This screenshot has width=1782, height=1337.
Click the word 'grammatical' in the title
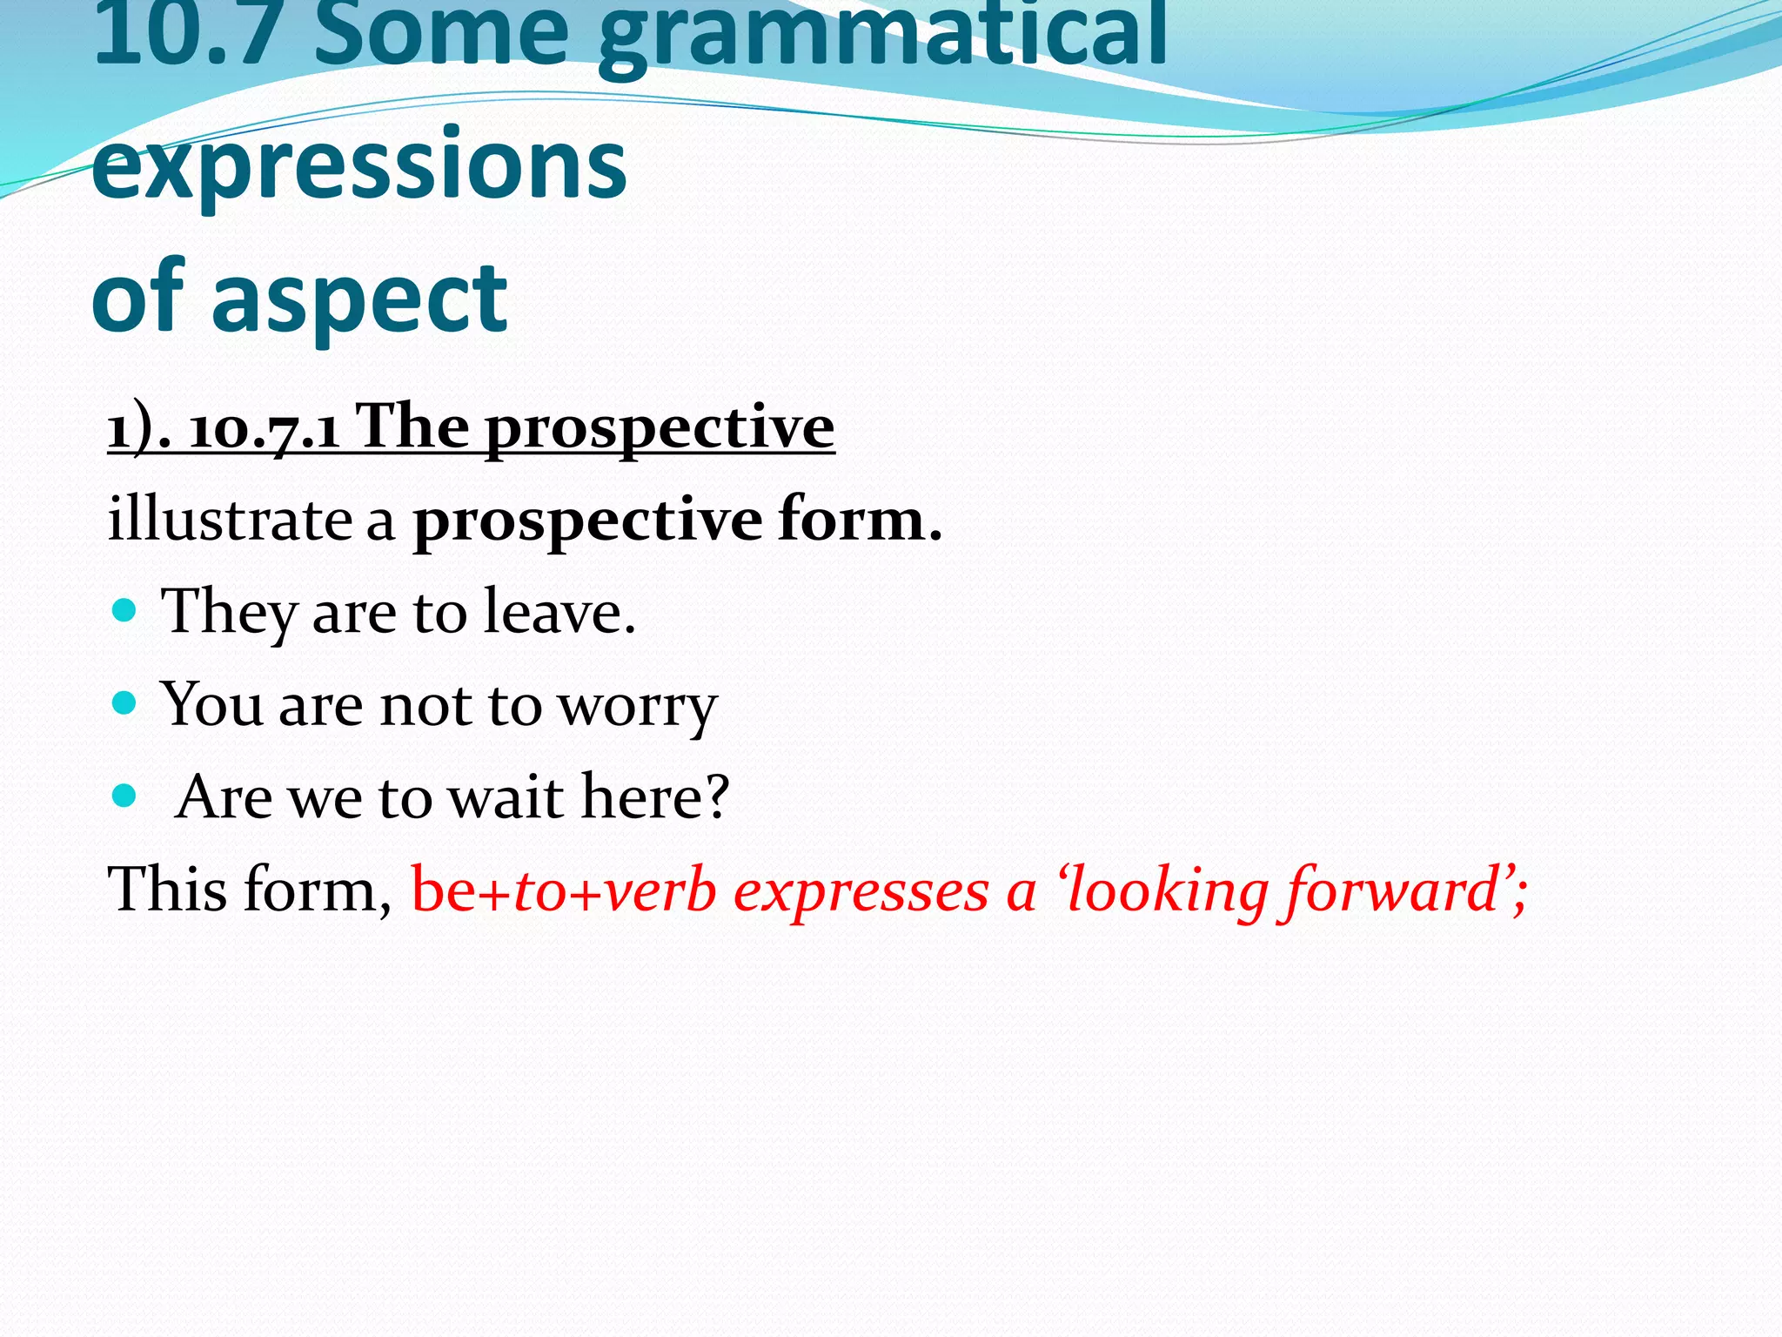883,39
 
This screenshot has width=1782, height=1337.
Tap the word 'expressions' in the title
358,164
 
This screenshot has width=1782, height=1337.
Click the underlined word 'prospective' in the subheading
660,429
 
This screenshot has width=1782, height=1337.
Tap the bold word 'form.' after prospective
860,520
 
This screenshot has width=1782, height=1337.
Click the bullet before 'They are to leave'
125,608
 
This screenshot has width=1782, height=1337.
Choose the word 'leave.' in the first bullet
559,612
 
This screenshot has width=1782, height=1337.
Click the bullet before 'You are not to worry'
125,702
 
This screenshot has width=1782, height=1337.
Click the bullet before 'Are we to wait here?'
125,795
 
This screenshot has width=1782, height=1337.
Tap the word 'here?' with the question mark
654,797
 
